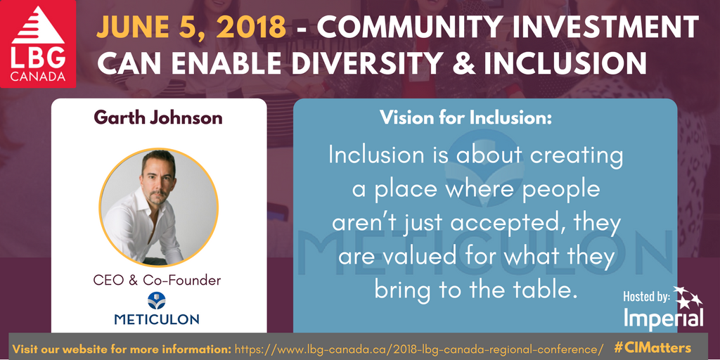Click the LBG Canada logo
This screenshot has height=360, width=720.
pyautogui.click(x=38, y=44)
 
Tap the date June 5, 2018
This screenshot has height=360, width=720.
pyautogui.click(x=191, y=28)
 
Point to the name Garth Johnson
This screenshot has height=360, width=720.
pyautogui.click(x=158, y=117)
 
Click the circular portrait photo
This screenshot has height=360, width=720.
pyautogui.click(x=158, y=207)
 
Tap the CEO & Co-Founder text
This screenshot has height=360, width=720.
pyautogui.click(x=157, y=280)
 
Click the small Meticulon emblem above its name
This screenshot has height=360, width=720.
pyautogui.click(x=157, y=300)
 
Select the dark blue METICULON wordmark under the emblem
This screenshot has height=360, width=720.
pyautogui.click(x=157, y=319)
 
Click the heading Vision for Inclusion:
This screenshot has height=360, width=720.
pyautogui.click(x=465, y=118)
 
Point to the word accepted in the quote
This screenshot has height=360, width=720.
pyautogui.click(x=513, y=224)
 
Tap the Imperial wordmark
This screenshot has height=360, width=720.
pyautogui.click(x=663, y=319)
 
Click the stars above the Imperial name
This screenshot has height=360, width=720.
pyautogui.click(x=688, y=297)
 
